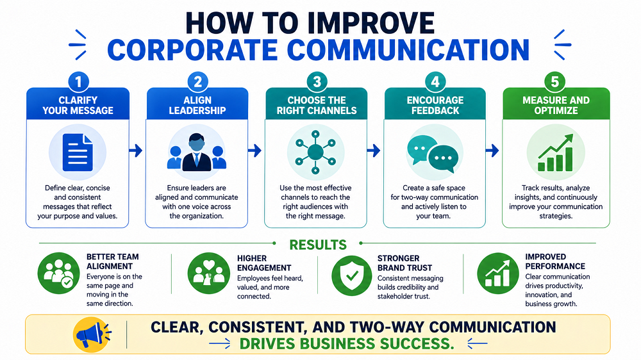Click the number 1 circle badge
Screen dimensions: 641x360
[x=78, y=82]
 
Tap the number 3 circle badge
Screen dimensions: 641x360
[x=317, y=82]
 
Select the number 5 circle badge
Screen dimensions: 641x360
[x=554, y=82]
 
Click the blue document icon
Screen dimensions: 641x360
[x=78, y=153]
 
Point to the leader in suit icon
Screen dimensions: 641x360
[x=197, y=152]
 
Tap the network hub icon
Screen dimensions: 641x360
[x=315, y=152]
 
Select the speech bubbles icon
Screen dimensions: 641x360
[x=433, y=154]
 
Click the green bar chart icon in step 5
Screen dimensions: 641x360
[x=556, y=153]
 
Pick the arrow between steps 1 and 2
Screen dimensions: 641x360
[x=136, y=151]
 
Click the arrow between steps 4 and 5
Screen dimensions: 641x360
[x=492, y=151]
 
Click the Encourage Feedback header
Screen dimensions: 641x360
[x=435, y=106]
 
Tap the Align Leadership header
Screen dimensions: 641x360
[x=197, y=106]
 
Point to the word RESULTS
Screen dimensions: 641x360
[x=318, y=245]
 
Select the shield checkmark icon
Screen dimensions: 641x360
[x=351, y=276]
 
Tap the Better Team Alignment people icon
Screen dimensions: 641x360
[x=58, y=273]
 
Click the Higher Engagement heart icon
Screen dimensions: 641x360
[x=208, y=273]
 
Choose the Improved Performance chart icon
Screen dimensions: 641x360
[x=497, y=274]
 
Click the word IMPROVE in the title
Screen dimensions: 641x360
[x=361, y=23]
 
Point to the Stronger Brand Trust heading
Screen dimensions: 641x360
[x=404, y=263]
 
